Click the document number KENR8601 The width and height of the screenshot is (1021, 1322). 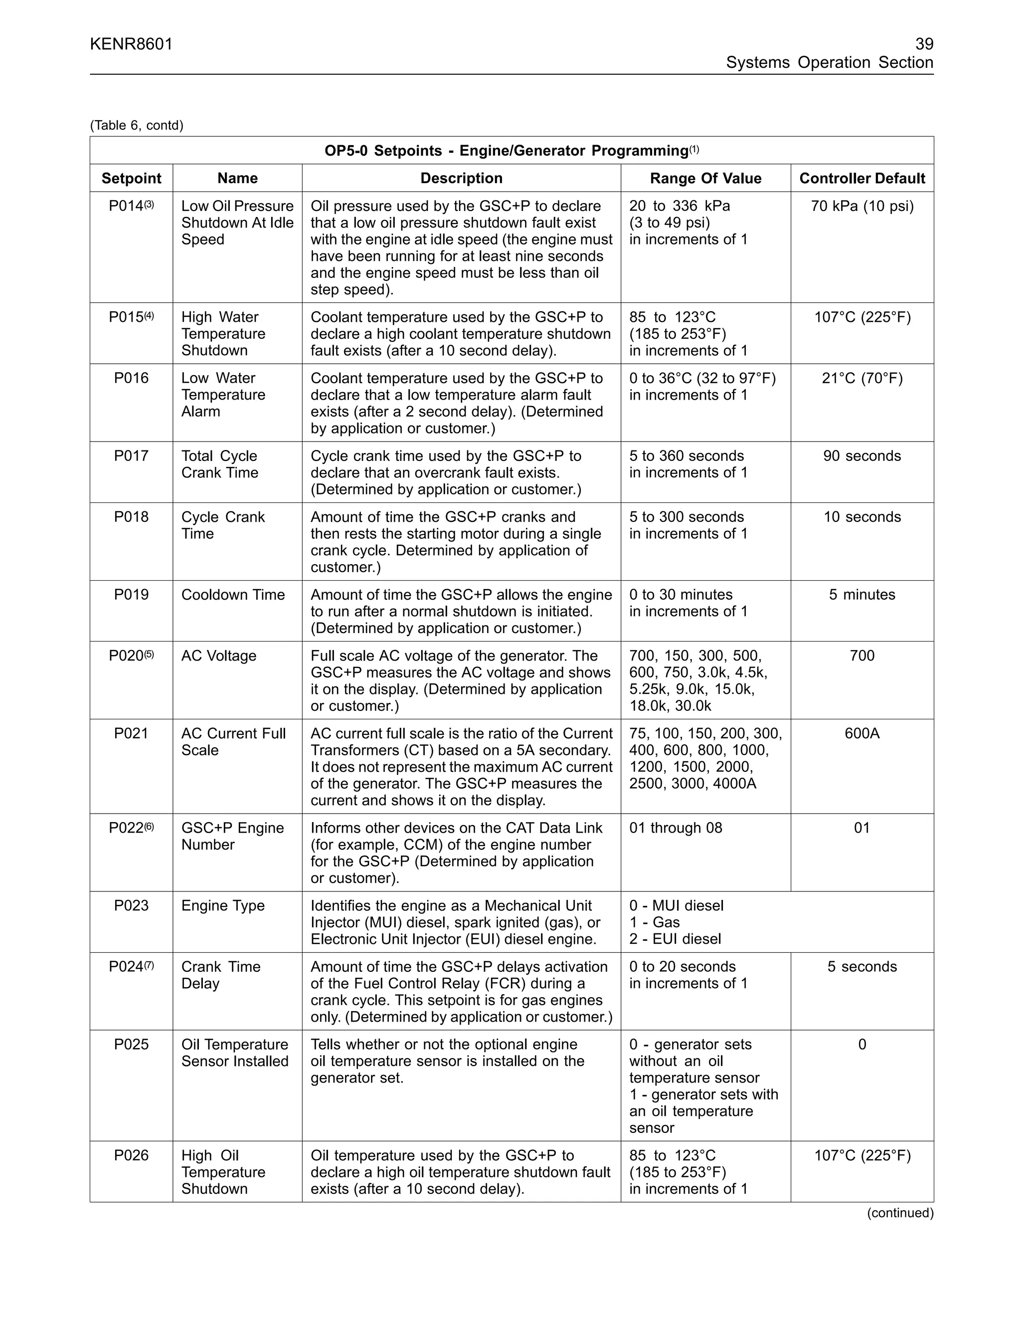tap(131, 44)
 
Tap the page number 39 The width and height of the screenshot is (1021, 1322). tap(924, 44)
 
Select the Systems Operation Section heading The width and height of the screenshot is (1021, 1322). tap(829, 63)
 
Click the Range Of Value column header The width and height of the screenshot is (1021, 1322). tap(705, 179)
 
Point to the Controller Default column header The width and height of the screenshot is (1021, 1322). tap(862, 179)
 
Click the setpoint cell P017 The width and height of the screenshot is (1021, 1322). tap(131, 456)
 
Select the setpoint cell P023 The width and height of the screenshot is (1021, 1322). tap(131, 905)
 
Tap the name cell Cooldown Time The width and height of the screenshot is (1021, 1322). tap(233, 595)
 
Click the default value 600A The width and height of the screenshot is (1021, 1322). tap(862, 734)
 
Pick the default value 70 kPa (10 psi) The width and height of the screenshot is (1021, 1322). tap(862, 207)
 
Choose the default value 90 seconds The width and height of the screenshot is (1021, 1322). tap(862, 456)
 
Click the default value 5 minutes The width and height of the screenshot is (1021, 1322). tap(862, 595)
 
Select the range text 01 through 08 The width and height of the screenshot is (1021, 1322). tap(676, 828)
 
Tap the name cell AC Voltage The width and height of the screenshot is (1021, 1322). tap(219, 656)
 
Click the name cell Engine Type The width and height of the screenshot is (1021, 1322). tap(223, 905)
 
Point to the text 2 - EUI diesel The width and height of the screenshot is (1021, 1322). tap(675, 939)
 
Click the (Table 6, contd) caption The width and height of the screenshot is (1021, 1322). tap(137, 125)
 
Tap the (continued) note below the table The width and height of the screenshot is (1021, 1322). tap(900, 1213)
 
